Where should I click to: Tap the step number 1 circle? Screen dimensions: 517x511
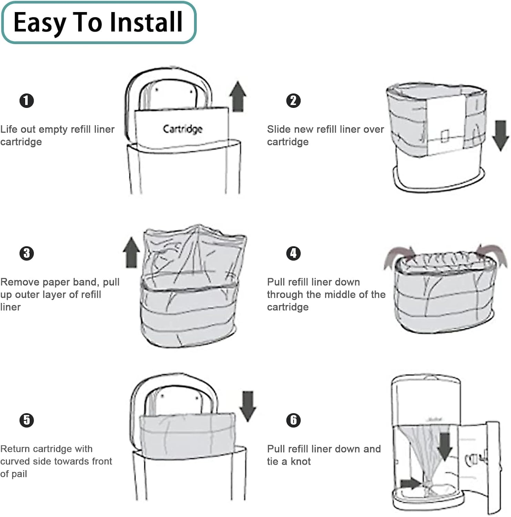point(27,101)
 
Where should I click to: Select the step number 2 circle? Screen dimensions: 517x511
point(293,101)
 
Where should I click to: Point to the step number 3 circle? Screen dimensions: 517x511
point(27,253)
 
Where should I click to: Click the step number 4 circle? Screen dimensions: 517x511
point(293,253)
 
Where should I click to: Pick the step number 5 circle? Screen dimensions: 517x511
point(27,420)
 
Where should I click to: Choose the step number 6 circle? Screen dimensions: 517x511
point(293,420)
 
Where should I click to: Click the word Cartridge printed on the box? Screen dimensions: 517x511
point(183,129)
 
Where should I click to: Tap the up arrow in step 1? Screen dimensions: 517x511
point(238,96)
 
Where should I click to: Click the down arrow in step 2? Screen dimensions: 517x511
point(500,135)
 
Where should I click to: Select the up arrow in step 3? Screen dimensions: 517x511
point(131,252)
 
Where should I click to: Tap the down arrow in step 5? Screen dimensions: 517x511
point(248,406)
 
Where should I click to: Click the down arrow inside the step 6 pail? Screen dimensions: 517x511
point(445,446)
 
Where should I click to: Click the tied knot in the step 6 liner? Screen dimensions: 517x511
point(428,484)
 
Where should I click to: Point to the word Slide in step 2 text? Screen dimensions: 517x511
point(278,129)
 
